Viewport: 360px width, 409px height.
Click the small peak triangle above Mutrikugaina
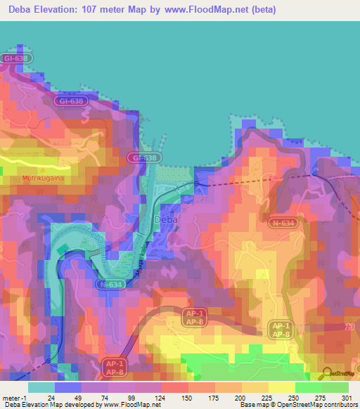tap(43, 170)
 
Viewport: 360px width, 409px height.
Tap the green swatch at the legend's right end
tap(335, 387)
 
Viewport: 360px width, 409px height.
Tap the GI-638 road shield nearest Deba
tap(144, 159)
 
